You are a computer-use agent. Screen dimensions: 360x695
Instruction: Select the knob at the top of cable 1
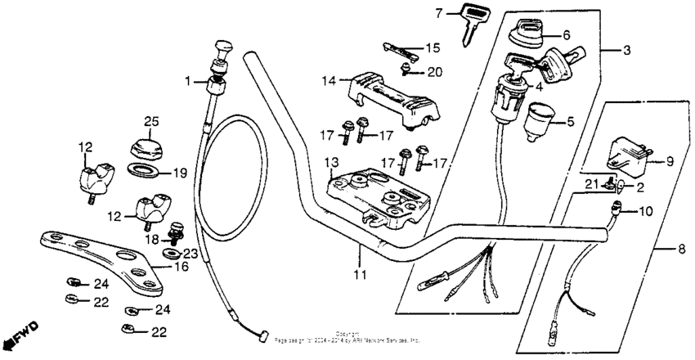[x=221, y=49]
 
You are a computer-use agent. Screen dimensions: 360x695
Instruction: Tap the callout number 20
[x=434, y=72]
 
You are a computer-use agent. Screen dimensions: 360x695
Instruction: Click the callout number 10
[x=645, y=212]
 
